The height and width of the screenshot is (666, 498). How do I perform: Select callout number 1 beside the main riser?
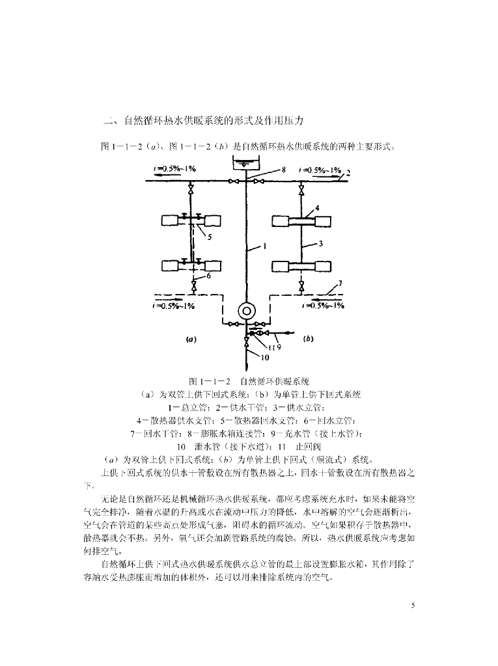tap(266, 246)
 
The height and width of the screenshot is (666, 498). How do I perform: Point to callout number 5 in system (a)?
tap(209, 237)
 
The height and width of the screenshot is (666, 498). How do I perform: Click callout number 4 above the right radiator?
tap(318, 208)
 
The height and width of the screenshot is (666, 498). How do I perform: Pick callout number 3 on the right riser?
tap(321, 244)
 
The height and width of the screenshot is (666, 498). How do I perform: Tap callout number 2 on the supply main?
tap(348, 174)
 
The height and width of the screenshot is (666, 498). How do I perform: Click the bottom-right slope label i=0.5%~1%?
tap(324, 305)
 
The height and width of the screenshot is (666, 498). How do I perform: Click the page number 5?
tap(412, 606)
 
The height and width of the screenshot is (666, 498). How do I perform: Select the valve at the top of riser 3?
tap(301, 189)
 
